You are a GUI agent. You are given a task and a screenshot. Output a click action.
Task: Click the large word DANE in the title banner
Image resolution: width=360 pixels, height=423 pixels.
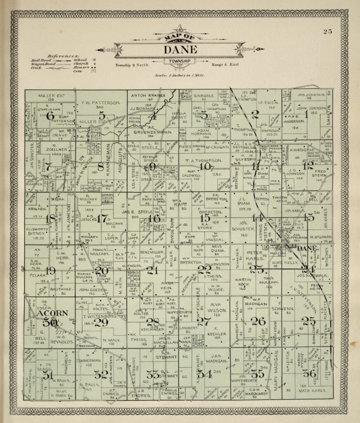point(180,50)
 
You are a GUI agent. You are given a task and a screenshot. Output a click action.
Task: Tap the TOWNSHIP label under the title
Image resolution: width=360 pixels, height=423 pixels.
point(180,61)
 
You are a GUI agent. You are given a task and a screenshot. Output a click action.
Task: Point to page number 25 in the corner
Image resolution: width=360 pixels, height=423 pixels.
point(328,31)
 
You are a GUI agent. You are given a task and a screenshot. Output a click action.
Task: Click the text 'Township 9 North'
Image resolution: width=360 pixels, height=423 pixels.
point(132,65)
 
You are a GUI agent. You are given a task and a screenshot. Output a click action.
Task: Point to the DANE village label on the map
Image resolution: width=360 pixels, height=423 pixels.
point(306,248)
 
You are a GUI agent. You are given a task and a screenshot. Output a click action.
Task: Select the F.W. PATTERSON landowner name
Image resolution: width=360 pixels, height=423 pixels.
point(101,102)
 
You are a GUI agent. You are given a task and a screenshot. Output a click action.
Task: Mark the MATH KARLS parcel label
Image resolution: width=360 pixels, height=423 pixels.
point(311,390)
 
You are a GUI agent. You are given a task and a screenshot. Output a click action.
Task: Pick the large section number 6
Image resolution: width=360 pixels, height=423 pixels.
point(50,116)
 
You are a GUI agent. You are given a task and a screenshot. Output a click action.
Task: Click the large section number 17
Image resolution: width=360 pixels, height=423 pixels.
point(102,219)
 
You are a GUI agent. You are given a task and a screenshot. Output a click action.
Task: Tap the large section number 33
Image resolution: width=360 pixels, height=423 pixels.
point(152,375)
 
